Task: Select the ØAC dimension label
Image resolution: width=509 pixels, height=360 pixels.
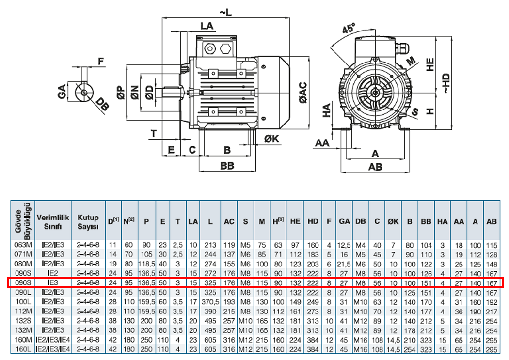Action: click(303, 93)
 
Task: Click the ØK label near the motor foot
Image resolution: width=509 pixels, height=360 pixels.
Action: click(272, 139)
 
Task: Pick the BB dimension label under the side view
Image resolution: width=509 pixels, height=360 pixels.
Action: click(227, 165)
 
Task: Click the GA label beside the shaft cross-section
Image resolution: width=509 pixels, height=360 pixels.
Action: click(62, 91)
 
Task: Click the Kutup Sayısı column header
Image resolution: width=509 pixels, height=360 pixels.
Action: click(88, 221)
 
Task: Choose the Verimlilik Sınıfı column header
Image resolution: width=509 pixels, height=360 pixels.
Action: click(53, 221)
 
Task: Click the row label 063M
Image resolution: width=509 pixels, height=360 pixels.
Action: click(23, 245)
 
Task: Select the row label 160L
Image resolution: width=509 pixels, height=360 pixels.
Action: click(23, 349)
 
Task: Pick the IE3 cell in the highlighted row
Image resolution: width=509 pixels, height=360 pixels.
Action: click(53, 282)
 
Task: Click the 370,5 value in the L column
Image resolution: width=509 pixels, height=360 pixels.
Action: click(210, 301)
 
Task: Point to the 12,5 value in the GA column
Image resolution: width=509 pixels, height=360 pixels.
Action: click(345, 245)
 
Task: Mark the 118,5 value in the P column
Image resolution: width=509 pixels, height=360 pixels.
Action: click(146, 264)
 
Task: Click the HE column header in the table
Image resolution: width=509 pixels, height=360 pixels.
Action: click(295, 221)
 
